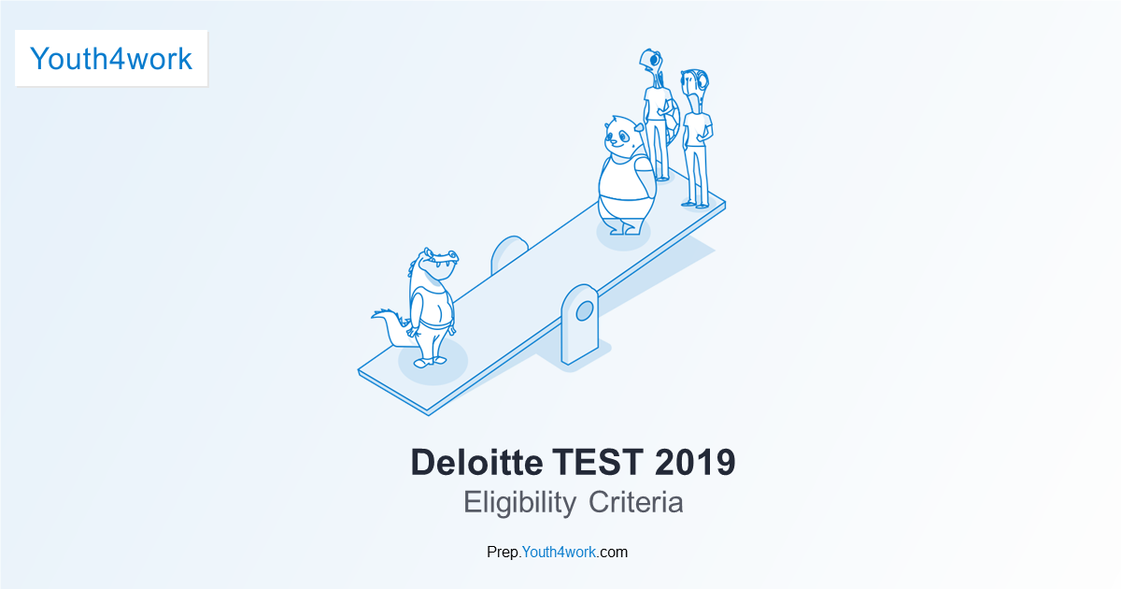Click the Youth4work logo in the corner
[111, 59]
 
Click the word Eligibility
[519, 502]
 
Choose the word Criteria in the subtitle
[636, 502]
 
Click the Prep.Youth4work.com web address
[558, 552]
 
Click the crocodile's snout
[444, 258]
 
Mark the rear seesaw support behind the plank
[509, 252]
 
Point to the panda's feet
[622, 227]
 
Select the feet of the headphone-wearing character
[693, 204]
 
